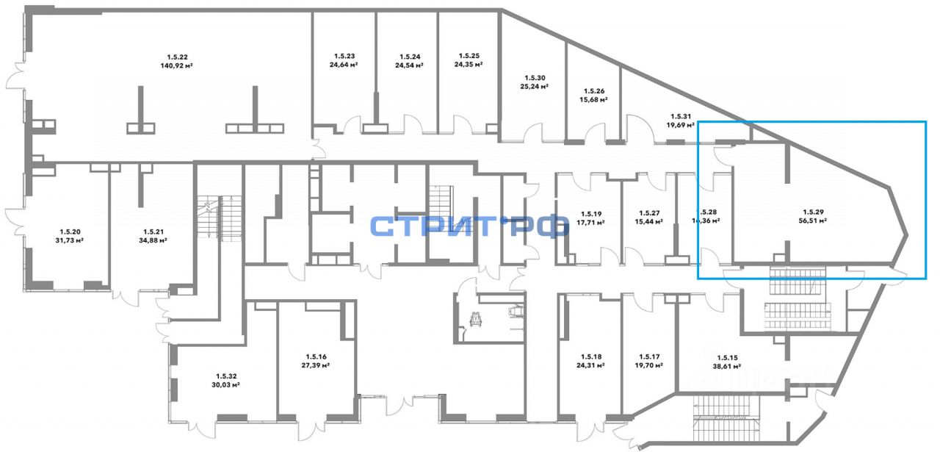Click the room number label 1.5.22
tap(178, 57)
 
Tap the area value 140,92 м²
tap(178, 65)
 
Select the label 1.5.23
tap(344, 56)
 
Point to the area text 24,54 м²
tap(410, 65)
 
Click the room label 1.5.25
tap(469, 56)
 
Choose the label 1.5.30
tap(535, 77)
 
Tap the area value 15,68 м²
tap(593, 99)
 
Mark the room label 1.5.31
tap(681, 115)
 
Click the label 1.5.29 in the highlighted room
tap(813, 210)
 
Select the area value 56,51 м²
tap(813, 219)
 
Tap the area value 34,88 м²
tap(153, 239)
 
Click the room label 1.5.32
tap(227, 375)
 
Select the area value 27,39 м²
tap(315, 365)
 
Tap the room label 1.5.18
tap(590, 356)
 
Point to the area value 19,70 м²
tap(649, 365)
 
